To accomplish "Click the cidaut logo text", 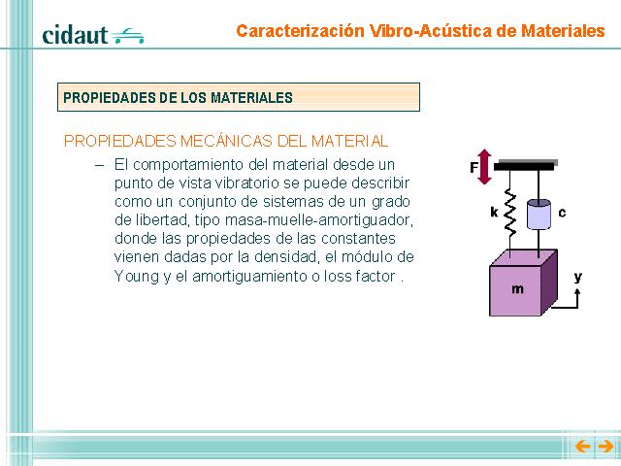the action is click(x=75, y=35).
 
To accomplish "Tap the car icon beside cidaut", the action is click(x=127, y=36).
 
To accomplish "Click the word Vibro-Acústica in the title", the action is click(x=430, y=31).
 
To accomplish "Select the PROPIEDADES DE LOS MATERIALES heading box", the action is click(x=239, y=97).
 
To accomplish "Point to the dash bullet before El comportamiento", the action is click(x=99, y=165).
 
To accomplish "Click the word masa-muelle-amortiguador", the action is click(x=319, y=220).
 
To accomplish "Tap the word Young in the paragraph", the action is click(x=137, y=276).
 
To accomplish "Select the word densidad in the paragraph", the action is click(x=287, y=256).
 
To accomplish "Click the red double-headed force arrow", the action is click(x=484, y=167).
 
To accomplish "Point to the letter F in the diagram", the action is click(x=474, y=168).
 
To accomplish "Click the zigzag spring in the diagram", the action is click(x=510, y=214).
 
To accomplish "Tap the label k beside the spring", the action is click(x=494, y=213).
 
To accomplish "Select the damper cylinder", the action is click(x=539, y=214).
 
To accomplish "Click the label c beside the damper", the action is click(x=562, y=214).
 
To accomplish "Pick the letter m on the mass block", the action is click(x=517, y=289).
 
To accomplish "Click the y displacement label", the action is click(x=578, y=278).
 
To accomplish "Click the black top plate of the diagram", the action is click(x=524, y=166).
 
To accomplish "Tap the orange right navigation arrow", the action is click(x=605, y=447).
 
